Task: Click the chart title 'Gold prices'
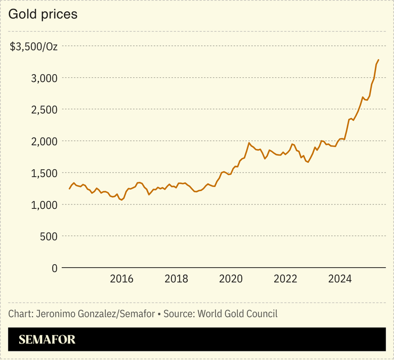click(x=43, y=14)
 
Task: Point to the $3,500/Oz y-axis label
click(x=34, y=46)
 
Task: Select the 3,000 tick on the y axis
click(x=43, y=78)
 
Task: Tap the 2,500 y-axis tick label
click(x=43, y=110)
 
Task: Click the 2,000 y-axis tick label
click(x=43, y=141)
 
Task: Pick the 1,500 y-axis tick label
click(x=43, y=173)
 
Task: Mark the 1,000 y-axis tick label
click(x=43, y=204)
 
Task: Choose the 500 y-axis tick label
click(x=48, y=236)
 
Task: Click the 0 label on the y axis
click(x=54, y=268)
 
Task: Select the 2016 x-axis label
click(x=121, y=279)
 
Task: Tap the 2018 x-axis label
click(x=176, y=279)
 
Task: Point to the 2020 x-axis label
click(x=231, y=279)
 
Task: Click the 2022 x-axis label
click(x=285, y=279)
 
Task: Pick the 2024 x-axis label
click(x=340, y=279)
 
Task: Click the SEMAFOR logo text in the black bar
click(x=47, y=340)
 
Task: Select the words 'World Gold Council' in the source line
click(x=237, y=314)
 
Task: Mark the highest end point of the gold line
click(x=379, y=60)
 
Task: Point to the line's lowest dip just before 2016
click(x=121, y=200)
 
